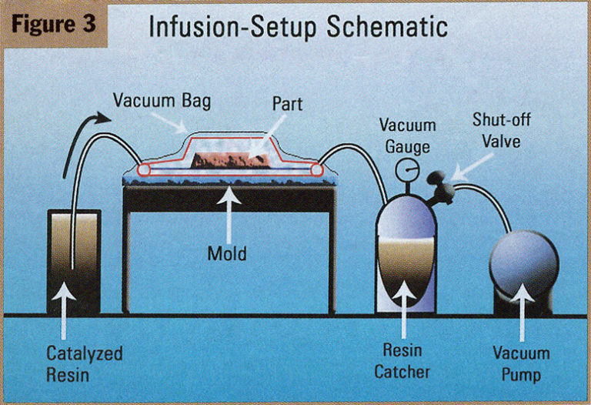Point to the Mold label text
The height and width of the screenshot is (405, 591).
227,252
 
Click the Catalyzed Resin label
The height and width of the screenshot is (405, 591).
73,366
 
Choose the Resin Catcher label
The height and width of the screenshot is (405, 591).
401,361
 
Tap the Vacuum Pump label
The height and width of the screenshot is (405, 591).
522,364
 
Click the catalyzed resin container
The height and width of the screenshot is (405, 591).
73,262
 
